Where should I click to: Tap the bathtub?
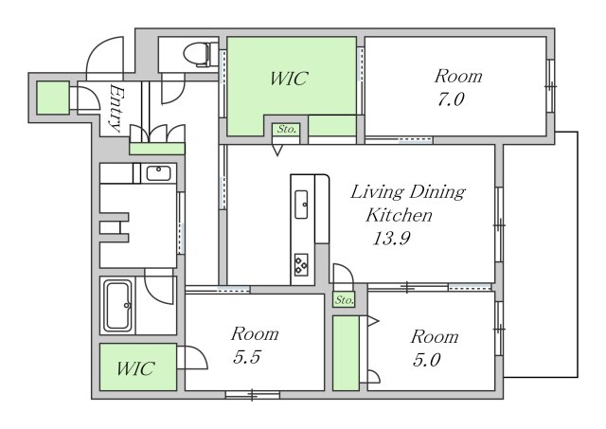118,306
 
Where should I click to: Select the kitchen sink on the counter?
301,204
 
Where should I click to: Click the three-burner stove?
301,265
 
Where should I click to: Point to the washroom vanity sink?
158,173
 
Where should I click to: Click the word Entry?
116,108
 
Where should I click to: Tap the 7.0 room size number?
451,99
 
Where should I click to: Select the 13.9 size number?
391,238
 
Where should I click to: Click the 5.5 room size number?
247,357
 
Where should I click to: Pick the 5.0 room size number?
427,360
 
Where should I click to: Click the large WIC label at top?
289,79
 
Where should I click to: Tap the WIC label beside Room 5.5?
135,368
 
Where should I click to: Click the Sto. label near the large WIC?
286,129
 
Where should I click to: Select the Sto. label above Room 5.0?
344,299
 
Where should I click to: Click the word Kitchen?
399,215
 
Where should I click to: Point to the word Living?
377,192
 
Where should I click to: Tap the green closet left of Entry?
53,98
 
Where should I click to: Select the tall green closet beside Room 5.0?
346,353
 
